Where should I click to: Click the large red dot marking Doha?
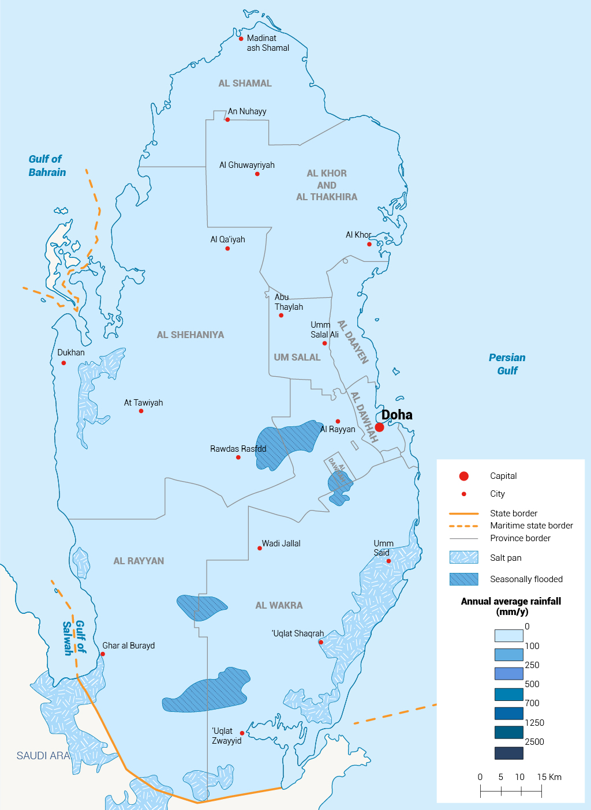(x=379, y=427)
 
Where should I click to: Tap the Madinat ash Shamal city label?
(x=268, y=43)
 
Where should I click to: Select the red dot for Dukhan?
(x=63, y=363)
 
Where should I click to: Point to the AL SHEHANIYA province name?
(x=190, y=335)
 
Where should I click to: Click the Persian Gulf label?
(x=507, y=364)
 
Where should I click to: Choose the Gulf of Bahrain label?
(x=47, y=166)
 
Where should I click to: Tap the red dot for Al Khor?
(x=369, y=244)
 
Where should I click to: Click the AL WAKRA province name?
(x=279, y=605)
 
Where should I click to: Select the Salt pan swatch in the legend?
(x=464, y=557)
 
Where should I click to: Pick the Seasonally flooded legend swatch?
(x=464, y=579)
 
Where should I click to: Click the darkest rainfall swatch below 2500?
(x=508, y=753)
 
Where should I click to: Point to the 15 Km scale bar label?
(x=549, y=777)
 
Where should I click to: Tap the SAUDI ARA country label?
(x=43, y=756)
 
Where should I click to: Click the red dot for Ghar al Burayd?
(x=103, y=654)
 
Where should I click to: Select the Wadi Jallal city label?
(x=281, y=543)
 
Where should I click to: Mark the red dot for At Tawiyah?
(x=141, y=411)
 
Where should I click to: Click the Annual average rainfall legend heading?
(x=511, y=606)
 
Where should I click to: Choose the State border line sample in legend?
(x=464, y=513)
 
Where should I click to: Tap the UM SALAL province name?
(x=297, y=358)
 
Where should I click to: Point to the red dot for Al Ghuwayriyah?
(x=257, y=174)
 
